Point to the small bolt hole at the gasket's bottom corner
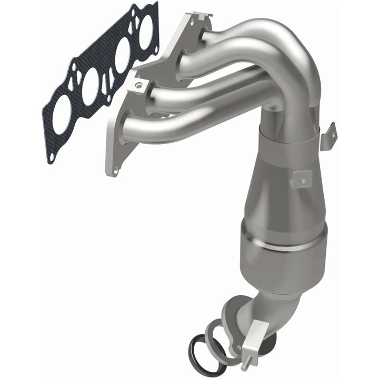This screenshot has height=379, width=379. pyautogui.click(x=52, y=156)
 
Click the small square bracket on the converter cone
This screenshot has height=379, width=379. pyautogui.click(x=302, y=178)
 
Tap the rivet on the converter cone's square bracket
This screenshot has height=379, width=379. pyautogui.click(x=303, y=181)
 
